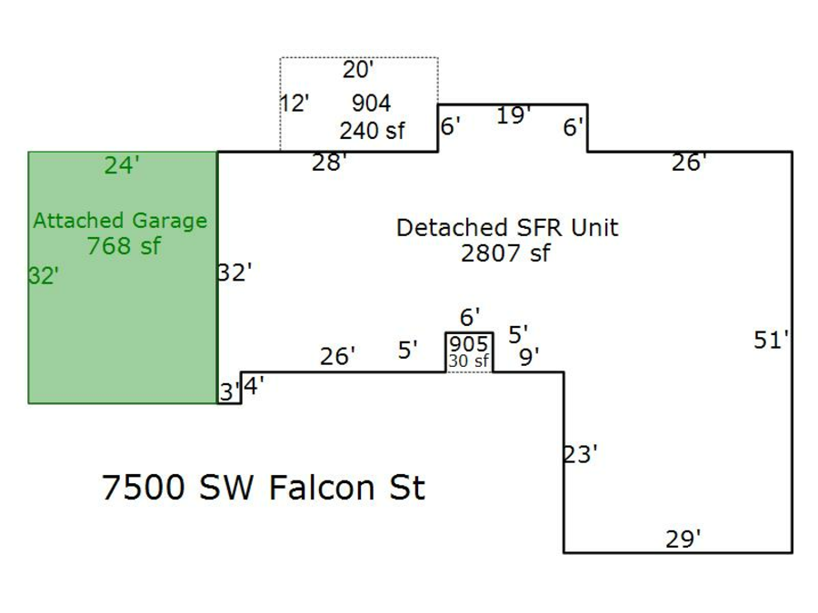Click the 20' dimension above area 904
358,69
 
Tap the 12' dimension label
294,103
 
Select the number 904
371,103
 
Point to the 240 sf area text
372,131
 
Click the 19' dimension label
514,115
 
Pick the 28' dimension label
329,163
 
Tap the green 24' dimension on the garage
122,165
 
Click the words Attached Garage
120,221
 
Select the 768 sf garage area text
124,245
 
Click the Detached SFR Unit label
506,227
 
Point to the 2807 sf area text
505,252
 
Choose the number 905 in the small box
468,345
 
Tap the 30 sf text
468,361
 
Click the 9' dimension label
529,358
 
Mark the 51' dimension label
772,341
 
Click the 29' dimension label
683,539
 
